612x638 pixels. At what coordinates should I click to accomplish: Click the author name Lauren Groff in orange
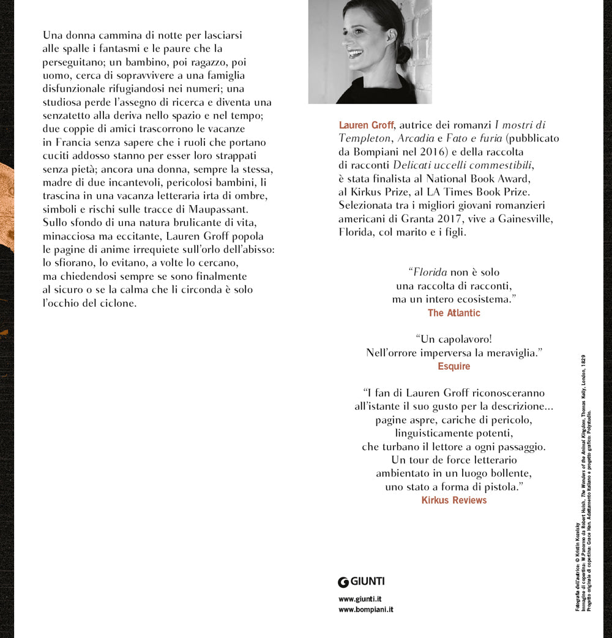(x=366, y=126)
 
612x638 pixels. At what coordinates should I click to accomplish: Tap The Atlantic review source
(x=453, y=313)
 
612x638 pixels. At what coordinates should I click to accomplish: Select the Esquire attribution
(x=453, y=367)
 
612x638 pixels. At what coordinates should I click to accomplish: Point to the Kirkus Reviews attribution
(x=453, y=500)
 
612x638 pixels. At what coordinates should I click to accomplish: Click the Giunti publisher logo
(x=361, y=582)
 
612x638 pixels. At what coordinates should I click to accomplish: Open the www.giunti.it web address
(x=360, y=599)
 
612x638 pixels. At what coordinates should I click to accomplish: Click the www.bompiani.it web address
(x=365, y=610)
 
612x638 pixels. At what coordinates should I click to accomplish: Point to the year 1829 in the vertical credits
(x=584, y=362)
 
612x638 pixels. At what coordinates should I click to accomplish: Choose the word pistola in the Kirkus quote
(x=500, y=487)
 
